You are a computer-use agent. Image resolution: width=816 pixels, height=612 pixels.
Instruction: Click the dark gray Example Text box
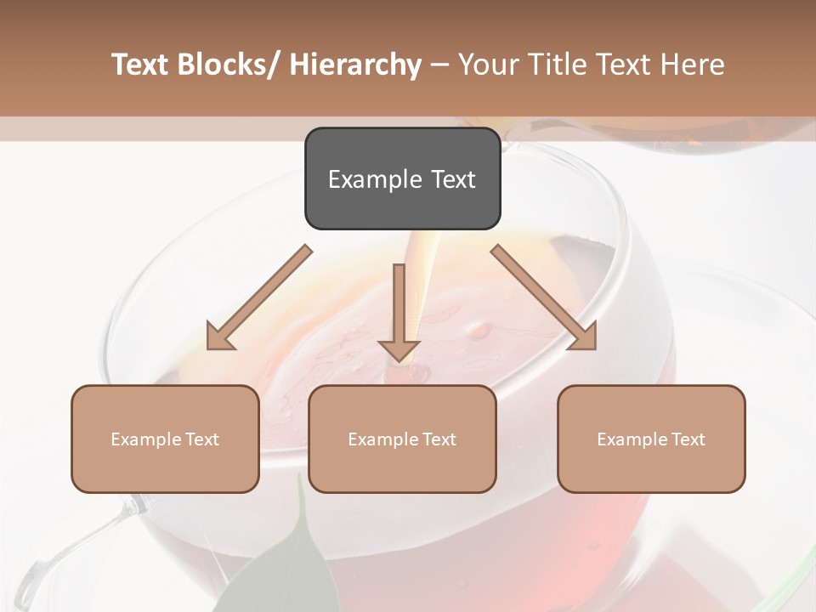[402, 178]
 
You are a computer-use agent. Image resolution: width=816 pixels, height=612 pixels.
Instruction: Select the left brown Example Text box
[165, 439]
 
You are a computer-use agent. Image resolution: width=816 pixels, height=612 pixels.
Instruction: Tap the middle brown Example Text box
[402, 439]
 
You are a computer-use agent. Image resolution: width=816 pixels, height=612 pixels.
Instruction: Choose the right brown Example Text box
[651, 439]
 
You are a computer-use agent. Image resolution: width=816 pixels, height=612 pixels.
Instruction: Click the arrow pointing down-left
[258, 298]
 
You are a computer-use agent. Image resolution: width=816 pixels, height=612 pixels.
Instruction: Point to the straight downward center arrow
[399, 310]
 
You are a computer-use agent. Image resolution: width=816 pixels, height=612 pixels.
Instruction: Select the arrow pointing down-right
[544, 297]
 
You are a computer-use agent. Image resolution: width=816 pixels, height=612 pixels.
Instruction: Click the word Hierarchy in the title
[354, 65]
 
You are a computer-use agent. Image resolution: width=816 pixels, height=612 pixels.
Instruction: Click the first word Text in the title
[141, 65]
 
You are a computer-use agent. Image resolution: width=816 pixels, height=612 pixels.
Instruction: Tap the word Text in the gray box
[452, 179]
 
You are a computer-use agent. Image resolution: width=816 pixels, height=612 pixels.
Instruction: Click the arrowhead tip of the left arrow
[209, 348]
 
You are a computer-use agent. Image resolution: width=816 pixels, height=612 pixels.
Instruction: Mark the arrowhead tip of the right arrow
[594, 348]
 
